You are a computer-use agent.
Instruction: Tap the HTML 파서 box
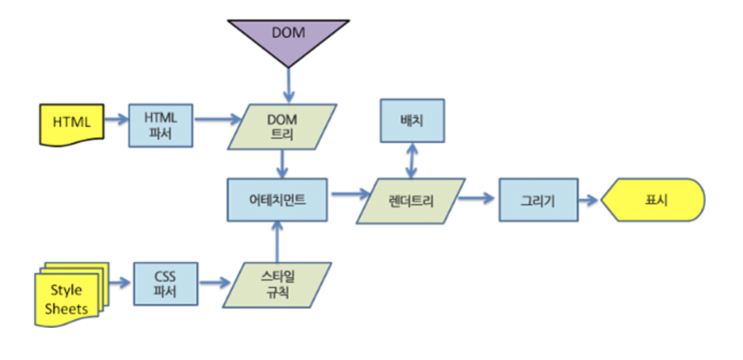point(161,126)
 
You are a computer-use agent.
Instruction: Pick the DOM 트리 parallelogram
point(282,127)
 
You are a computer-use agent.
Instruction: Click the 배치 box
point(412,120)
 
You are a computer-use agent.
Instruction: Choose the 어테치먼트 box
point(277,200)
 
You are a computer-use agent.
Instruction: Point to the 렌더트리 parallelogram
point(411,201)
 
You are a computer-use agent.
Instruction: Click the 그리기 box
point(538,200)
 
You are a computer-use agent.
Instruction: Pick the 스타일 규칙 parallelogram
point(277,285)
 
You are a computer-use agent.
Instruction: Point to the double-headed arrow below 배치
point(411,160)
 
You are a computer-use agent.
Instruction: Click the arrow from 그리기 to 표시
point(589,200)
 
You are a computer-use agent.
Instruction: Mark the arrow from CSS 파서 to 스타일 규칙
point(214,282)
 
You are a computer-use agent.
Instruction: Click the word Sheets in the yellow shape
point(66,308)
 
